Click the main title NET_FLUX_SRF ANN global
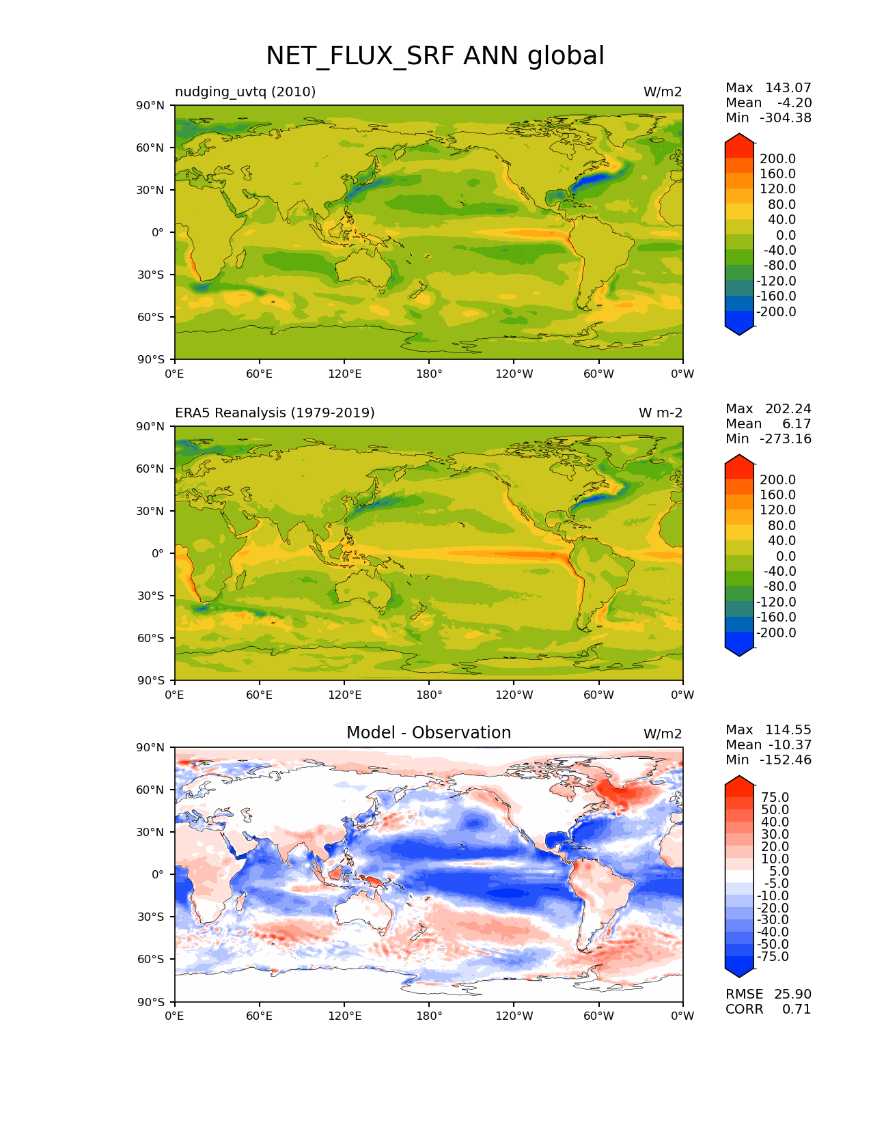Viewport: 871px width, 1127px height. point(434,56)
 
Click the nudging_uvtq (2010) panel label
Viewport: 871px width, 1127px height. point(245,92)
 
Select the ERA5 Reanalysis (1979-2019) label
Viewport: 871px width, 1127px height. point(275,413)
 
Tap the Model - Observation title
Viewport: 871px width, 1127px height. point(428,733)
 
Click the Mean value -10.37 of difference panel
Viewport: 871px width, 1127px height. point(790,745)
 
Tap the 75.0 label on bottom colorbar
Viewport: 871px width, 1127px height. point(775,797)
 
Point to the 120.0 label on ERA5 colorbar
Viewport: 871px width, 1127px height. point(777,510)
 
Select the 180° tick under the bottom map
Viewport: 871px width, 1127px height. point(429,1016)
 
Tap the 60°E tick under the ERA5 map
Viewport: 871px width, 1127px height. point(259,695)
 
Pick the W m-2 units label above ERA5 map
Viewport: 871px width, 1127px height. point(660,413)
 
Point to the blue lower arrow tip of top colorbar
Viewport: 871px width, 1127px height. point(739,332)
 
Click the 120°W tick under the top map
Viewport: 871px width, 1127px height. point(514,374)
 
